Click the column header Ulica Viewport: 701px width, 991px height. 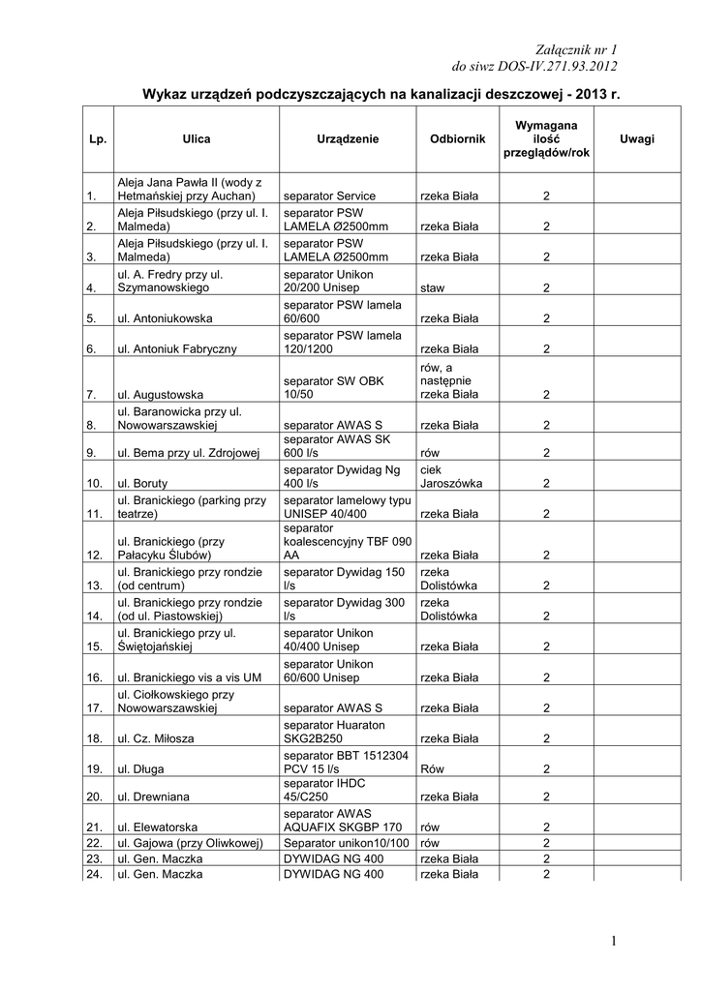point(196,139)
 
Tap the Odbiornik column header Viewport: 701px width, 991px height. point(457,139)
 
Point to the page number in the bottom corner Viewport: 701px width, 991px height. point(614,941)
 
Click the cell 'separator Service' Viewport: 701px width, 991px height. point(329,195)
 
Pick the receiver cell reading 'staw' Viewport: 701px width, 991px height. point(433,287)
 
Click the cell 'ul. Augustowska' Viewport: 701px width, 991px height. point(160,395)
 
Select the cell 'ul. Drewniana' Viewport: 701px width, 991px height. point(153,797)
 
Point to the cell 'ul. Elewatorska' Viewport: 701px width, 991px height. point(158,827)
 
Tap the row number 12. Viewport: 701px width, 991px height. point(95,556)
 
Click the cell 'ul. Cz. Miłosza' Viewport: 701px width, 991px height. point(156,738)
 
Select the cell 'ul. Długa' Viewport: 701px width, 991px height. point(141,768)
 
